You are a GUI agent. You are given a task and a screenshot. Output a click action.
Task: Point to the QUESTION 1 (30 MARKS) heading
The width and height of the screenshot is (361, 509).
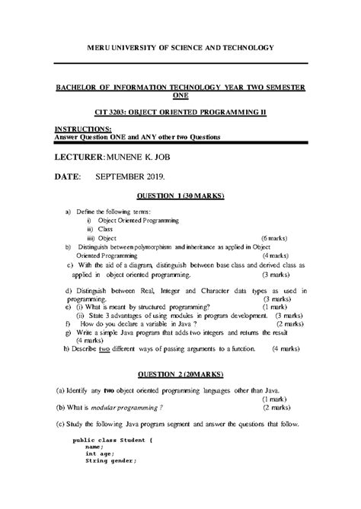pos(180,195)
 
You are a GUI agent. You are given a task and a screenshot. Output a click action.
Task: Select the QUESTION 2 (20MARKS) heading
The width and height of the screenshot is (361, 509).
pos(180,375)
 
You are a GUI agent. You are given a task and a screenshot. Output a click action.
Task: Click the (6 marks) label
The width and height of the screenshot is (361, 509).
pos(274,238)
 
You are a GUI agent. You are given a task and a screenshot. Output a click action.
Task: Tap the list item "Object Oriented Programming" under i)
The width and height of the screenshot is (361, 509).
pos(139,220)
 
